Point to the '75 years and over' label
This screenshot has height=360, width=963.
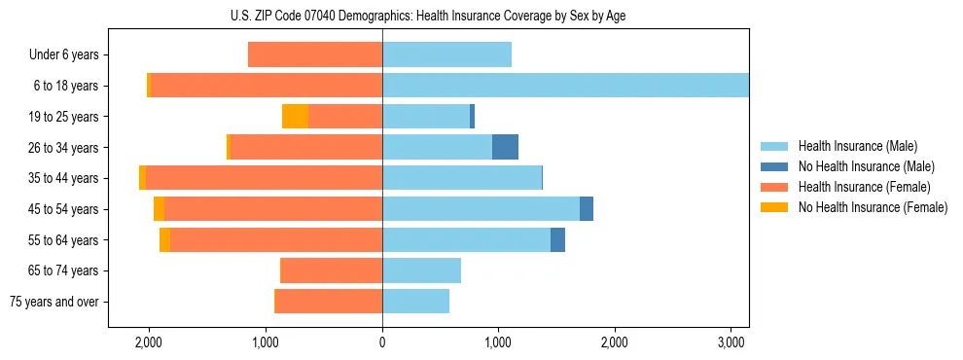click(x=54, y=302)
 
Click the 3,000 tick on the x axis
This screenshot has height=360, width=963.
click(x=731, y=342)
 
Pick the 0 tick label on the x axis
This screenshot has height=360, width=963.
click(x=382, y=342)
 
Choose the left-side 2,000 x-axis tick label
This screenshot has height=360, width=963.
click(x=149, y=342)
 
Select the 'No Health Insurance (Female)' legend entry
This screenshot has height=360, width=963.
click(x=873, y=207)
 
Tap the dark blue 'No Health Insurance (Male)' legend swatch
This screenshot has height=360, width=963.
click(x=775, y=166)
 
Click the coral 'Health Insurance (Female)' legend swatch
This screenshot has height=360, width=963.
click(x=775, y=187)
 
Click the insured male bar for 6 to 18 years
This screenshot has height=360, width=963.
click(x=565, y=86)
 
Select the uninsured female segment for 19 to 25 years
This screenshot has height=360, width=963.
click(x=295, y=117)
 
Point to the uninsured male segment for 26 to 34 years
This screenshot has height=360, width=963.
click(x=505, y=147)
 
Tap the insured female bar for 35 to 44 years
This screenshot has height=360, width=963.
click(x=264, y=178)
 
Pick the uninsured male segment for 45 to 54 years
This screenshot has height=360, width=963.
click(x=587, y=209)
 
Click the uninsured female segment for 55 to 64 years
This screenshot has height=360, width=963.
click(x=164, y=239)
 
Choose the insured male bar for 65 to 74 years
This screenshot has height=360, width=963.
click(x=421, y=270)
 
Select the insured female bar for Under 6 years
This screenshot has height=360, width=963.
click(x=315, y=54)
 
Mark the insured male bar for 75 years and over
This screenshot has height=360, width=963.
click(x=415, y=302)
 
